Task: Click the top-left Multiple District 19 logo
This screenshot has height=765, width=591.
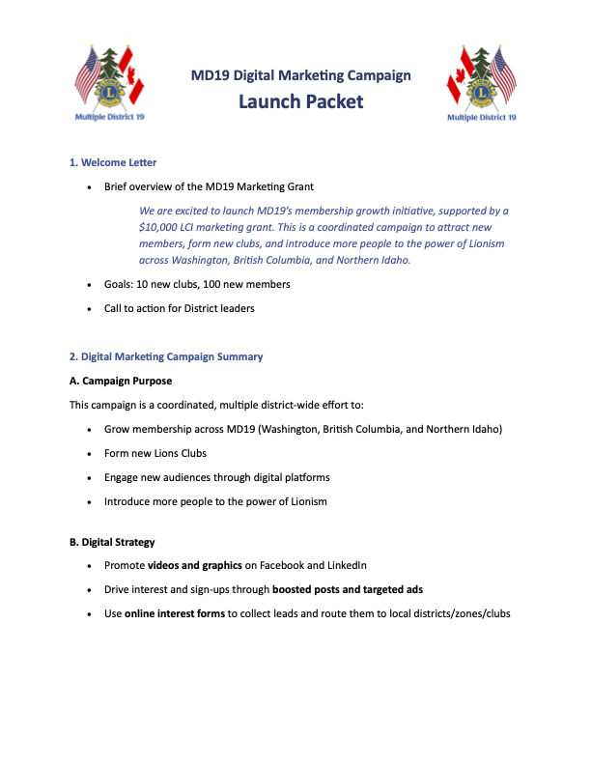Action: pyautogui.click(x=110, y=82)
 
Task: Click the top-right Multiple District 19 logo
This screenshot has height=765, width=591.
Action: pyautogui.click(x=481, y=82)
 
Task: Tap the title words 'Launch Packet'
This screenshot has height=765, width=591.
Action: pyautogui.click(x=300, y=101)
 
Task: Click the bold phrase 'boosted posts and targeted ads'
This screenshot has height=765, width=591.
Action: pyautogui.click(x=348, y=589)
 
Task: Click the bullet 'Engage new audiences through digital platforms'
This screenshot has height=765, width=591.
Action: pyautogui.click(x=217, y=477)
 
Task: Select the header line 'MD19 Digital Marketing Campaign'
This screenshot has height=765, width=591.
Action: pyautogui.click(x=300, y=74)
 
